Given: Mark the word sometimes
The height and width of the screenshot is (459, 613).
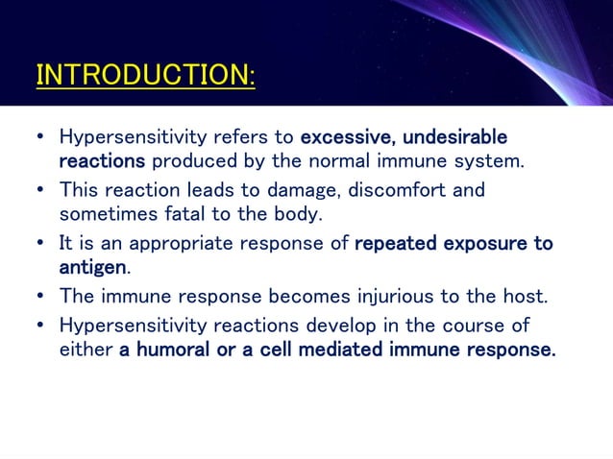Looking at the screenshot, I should pos(100,213).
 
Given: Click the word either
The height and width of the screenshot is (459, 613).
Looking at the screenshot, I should pos(86,350).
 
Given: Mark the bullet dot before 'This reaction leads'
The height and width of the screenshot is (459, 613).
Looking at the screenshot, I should pos(40,190).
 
